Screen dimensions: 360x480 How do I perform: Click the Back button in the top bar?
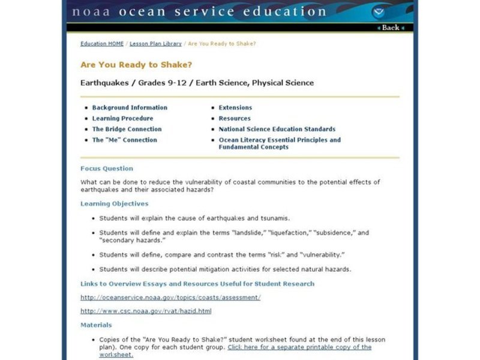pyautogui.click(x=390, y=28)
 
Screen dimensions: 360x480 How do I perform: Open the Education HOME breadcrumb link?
pyautogui.click(x=102, y=44)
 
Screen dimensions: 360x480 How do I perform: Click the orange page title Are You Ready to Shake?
pyautogui.click(x=136, y=65)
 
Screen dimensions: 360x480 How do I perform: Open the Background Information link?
pyautogui.click(x=130, y=107)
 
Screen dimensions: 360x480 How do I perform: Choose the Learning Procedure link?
pyautogui.click(x=122, y=118)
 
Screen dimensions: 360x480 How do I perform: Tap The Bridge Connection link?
pyautogui.click(x=127, y=129)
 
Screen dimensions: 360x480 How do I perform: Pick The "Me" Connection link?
pyautogui.click(x=124, y=140)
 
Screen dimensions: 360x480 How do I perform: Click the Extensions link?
pyautogui.click(x=235, y=107)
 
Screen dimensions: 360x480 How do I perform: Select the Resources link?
pyautogui.click(x=235, y=118)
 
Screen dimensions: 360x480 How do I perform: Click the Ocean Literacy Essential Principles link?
pyautogui.click(x=279, y=140)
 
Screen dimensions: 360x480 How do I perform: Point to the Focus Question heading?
pyautogui.click(x=107, y=169)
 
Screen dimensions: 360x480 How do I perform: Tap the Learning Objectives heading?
pyautogui.click(x=114, y=203)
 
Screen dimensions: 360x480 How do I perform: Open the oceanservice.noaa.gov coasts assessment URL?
pyautogui.click(x=170, y=297)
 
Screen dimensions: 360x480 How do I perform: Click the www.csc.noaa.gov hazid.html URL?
pyautogui.click(x=146, y=311)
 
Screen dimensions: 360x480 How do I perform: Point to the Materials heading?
pyautogui.click(x=96, y=325)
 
